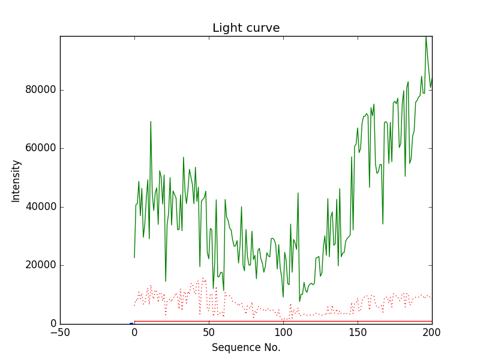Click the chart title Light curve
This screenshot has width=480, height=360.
click(246, 28)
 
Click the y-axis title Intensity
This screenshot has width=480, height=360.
click(16, 181)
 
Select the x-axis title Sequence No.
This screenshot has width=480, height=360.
click(246, 347)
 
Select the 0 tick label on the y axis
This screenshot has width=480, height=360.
click(53, 324)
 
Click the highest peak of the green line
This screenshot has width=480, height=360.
click(426, 37)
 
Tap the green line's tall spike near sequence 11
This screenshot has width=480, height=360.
click(151, 122)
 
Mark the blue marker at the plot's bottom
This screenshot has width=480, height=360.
click(131, 323)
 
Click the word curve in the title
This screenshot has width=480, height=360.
click(263, 28)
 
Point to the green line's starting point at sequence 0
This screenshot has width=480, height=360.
click(134, 257)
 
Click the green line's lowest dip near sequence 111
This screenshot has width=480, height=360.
click(299, 301)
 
